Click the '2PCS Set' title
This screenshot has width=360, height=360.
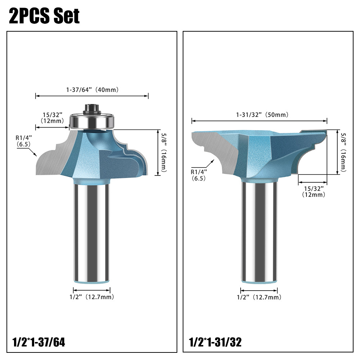point(44,16)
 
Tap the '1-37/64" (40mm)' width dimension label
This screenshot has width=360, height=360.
point(92,90)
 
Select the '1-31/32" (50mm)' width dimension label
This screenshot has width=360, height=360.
point(262,115)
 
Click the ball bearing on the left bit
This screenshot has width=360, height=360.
point(92,120)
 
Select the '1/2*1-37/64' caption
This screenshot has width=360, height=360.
point(39,342)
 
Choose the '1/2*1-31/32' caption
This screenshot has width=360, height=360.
point(215,342)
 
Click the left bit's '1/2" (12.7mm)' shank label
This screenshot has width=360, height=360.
point(92,297)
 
